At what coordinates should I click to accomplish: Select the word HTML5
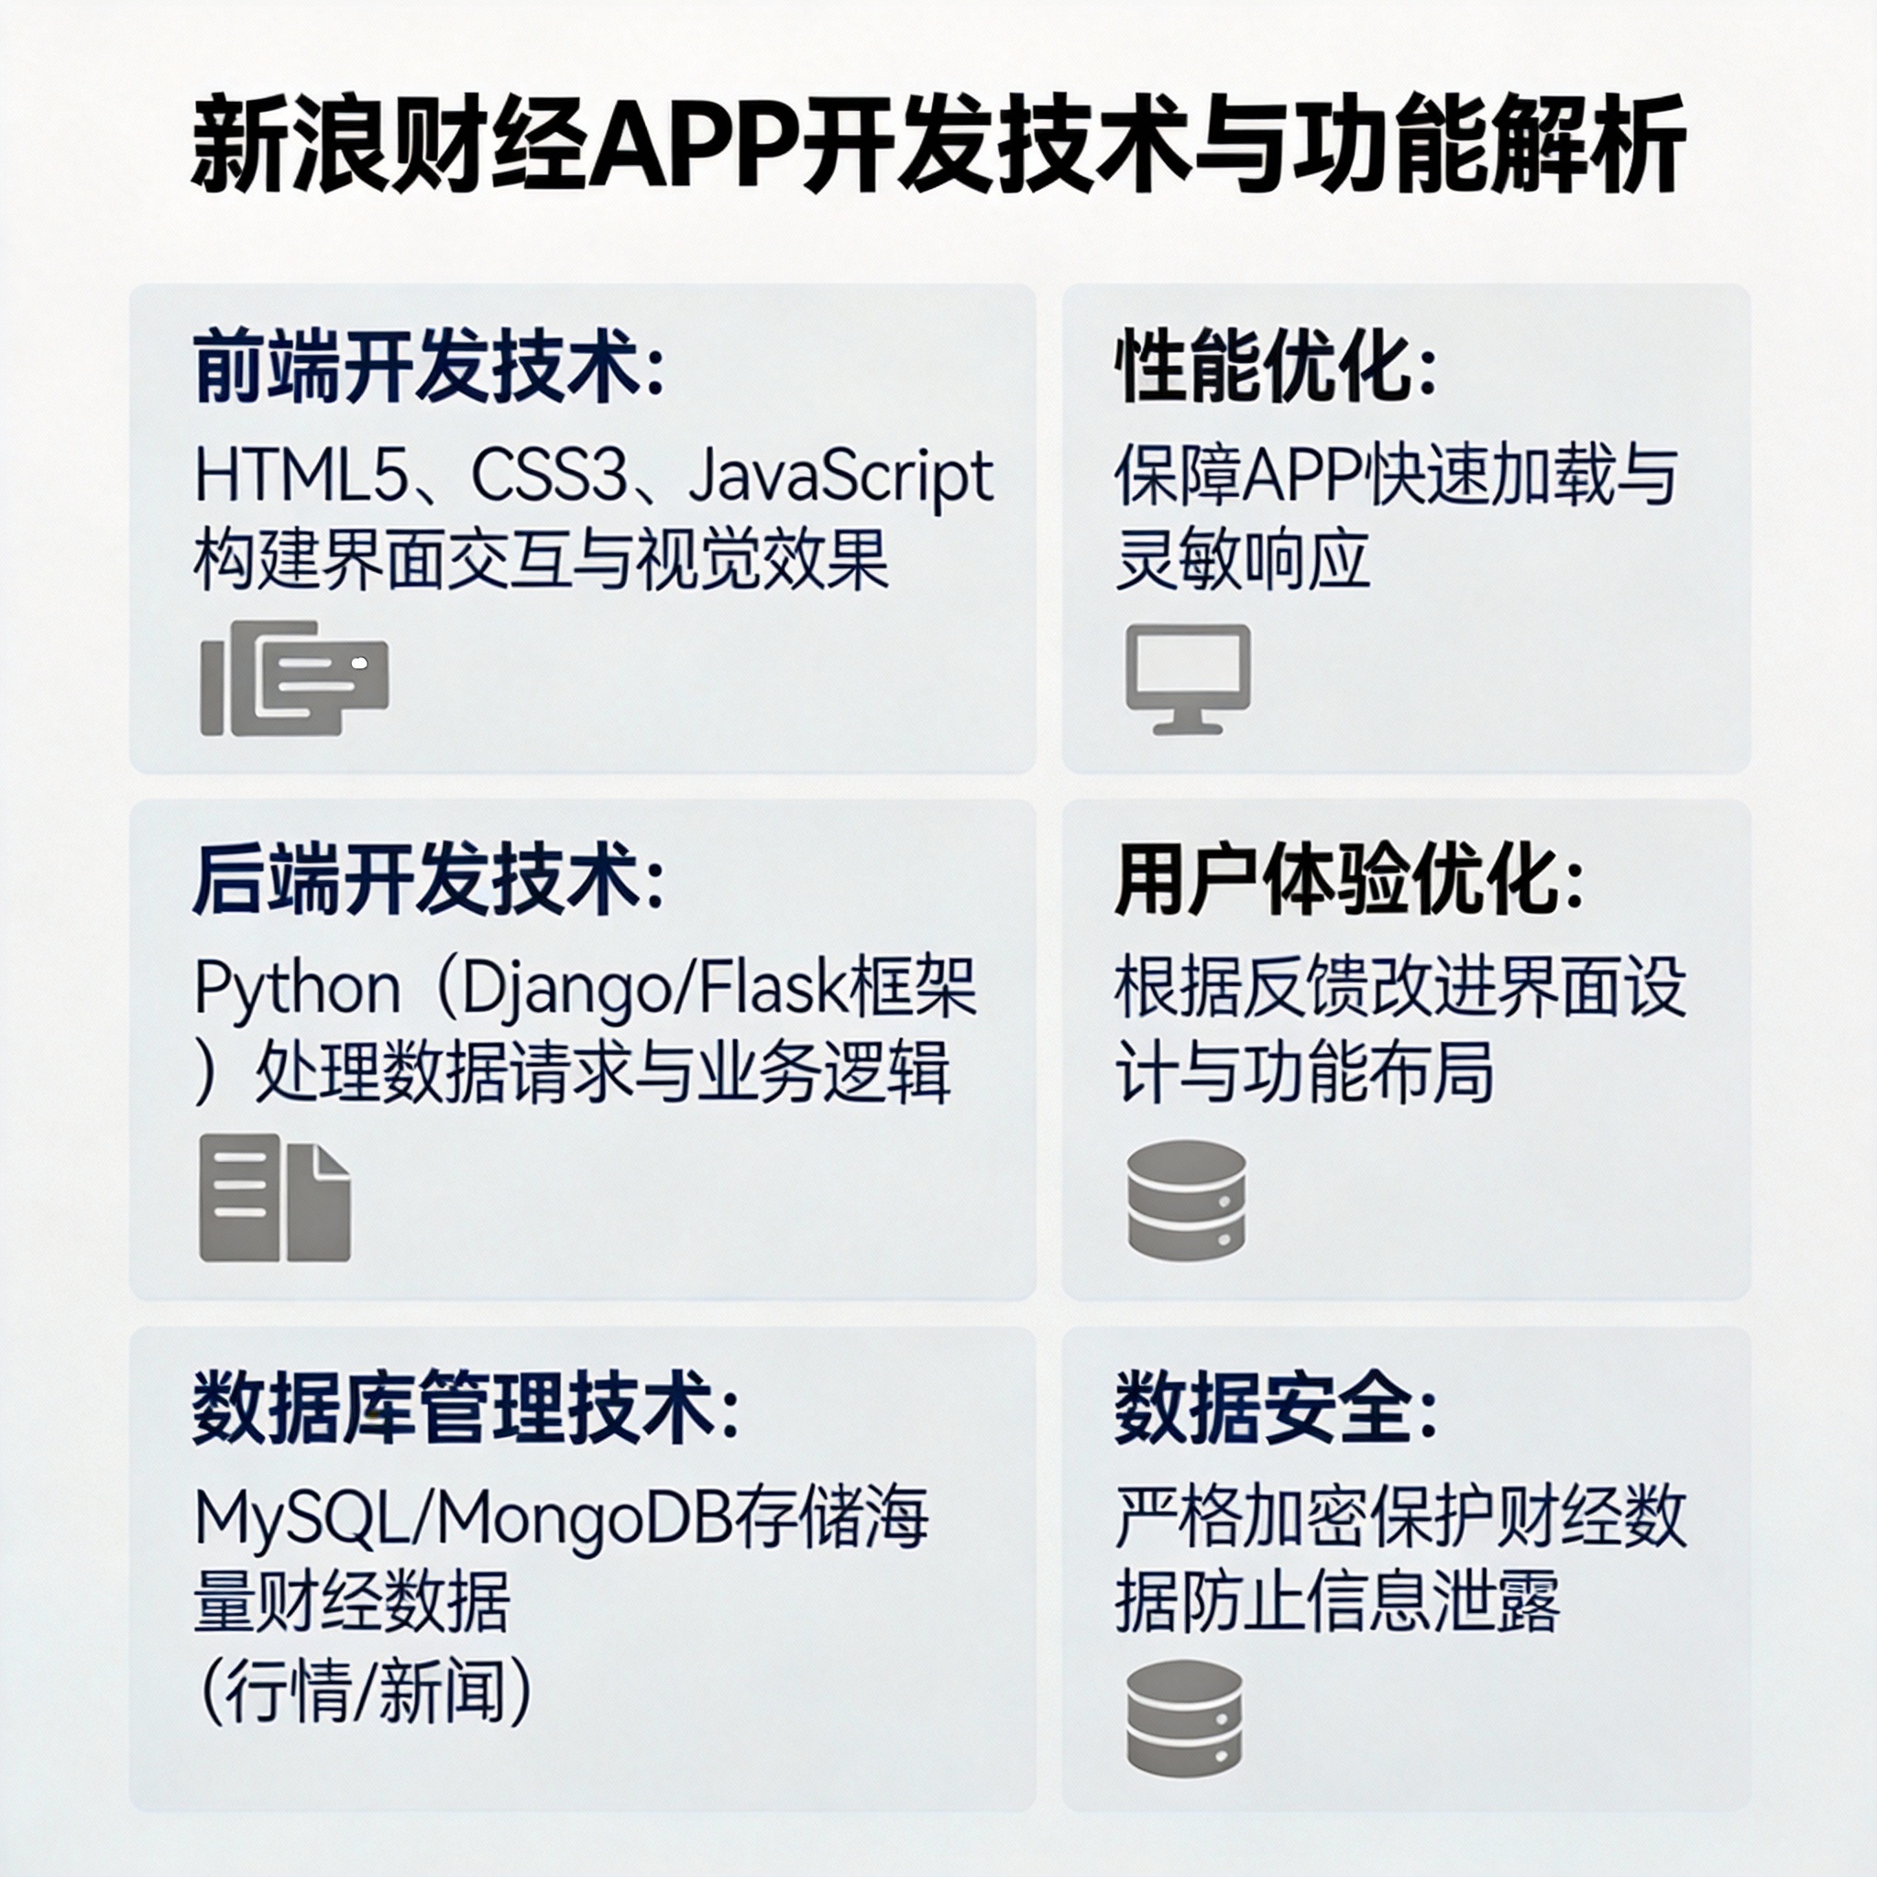pyautogui.click(x=299, y=476)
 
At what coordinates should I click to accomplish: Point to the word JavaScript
pyautogui.click(x=840, y=476)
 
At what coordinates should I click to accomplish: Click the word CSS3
pyautogui.click(x=549, y=476)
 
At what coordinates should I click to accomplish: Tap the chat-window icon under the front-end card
pyautogui.click(x=293, y=677)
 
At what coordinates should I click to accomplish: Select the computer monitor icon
pyautogui.click(x=1187, y=678)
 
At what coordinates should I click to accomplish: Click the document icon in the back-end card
pyautogui.click(x=274, y=1198)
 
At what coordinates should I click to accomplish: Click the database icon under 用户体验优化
pyautogui.click(x=1186, y=1200)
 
